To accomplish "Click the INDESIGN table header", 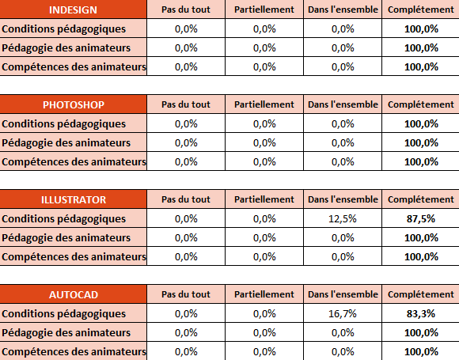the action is point(73,10).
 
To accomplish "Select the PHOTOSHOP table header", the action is point(74,104).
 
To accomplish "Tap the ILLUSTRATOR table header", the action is point(74,199).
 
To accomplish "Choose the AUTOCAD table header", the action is point(74,294).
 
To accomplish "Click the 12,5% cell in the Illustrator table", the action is point(343,218).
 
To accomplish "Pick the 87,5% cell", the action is point(421,218).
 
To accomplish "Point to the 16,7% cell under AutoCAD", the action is point(343,313).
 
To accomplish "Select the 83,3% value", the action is point(421,313).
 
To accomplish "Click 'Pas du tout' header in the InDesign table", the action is point(186,9).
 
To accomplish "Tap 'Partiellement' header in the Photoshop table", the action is point(264,104).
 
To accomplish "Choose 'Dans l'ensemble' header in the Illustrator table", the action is point(343,199).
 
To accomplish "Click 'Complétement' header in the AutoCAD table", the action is point(421,294).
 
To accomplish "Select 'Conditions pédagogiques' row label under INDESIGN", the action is point(64,29).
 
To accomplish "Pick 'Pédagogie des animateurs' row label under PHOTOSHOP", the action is point(66,143).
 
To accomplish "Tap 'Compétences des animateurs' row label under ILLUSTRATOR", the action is point(74,256).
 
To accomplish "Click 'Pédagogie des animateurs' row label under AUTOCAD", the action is point(66,332).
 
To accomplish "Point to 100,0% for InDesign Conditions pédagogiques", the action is point(421,29).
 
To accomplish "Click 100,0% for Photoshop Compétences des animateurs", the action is point(421,162).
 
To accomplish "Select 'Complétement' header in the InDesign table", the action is point(421,9).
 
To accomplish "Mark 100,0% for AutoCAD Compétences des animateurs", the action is point(421,351).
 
